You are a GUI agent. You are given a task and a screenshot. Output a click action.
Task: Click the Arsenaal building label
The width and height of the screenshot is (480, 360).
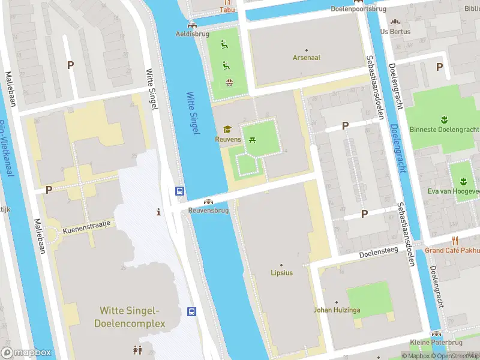(306, 58)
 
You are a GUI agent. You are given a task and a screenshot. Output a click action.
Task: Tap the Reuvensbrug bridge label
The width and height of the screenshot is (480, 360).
(208, 211)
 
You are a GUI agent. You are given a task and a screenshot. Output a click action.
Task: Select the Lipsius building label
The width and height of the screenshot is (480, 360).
(281, 273)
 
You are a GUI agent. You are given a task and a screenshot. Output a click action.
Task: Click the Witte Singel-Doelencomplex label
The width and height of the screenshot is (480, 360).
(129, 317)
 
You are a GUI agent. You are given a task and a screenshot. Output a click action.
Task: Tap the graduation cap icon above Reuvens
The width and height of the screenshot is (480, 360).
(227, 129)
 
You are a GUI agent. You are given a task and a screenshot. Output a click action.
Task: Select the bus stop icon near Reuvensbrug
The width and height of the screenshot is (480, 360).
(179, 191)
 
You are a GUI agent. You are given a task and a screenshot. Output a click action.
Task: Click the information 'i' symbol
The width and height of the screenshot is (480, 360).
(158, 211)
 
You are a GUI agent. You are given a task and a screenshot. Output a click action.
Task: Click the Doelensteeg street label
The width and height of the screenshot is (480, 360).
(379, 254)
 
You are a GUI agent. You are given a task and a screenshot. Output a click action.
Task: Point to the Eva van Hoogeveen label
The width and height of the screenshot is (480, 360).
(454, 191)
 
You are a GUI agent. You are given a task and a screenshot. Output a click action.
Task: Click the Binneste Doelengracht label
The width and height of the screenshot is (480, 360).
(444, 130)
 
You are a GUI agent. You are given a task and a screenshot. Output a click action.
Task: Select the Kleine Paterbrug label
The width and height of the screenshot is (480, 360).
(436, 343)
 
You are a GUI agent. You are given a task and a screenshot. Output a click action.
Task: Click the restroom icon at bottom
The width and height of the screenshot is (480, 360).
(137, 349)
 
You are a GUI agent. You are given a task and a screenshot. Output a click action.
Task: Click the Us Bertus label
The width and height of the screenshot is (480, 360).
(391, 31)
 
